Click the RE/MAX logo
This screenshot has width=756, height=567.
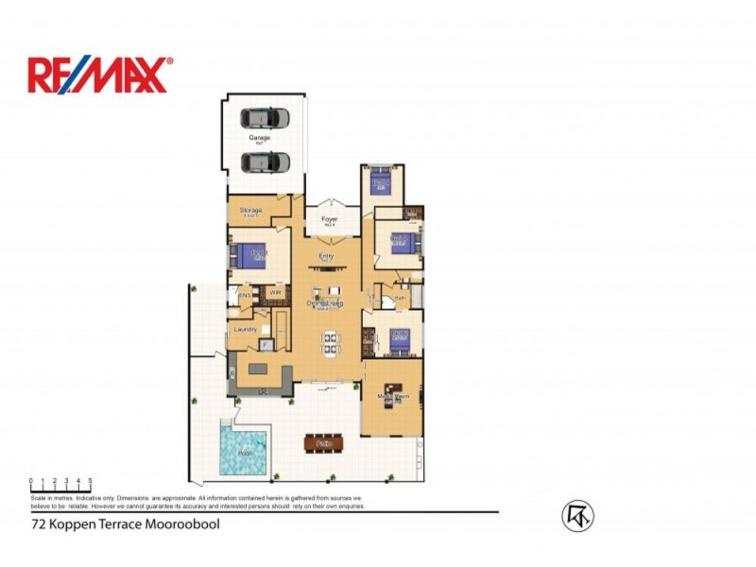click(100, 75)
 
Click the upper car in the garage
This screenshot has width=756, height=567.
click(265, 118)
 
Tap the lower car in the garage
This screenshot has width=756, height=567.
click(265, 162)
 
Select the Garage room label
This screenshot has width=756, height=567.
click(259, 138)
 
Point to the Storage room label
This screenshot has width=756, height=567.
click(250, 210)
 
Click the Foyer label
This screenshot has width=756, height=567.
click(329, 219)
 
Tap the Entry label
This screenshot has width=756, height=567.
click(326, 255)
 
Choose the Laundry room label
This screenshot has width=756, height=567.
click(245, 329)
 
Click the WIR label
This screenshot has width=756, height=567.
click(275, 294)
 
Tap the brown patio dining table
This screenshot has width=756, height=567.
click(324, 442)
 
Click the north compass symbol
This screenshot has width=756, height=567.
click(577, 515)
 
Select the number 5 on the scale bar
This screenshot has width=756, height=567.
click(90, 481)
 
